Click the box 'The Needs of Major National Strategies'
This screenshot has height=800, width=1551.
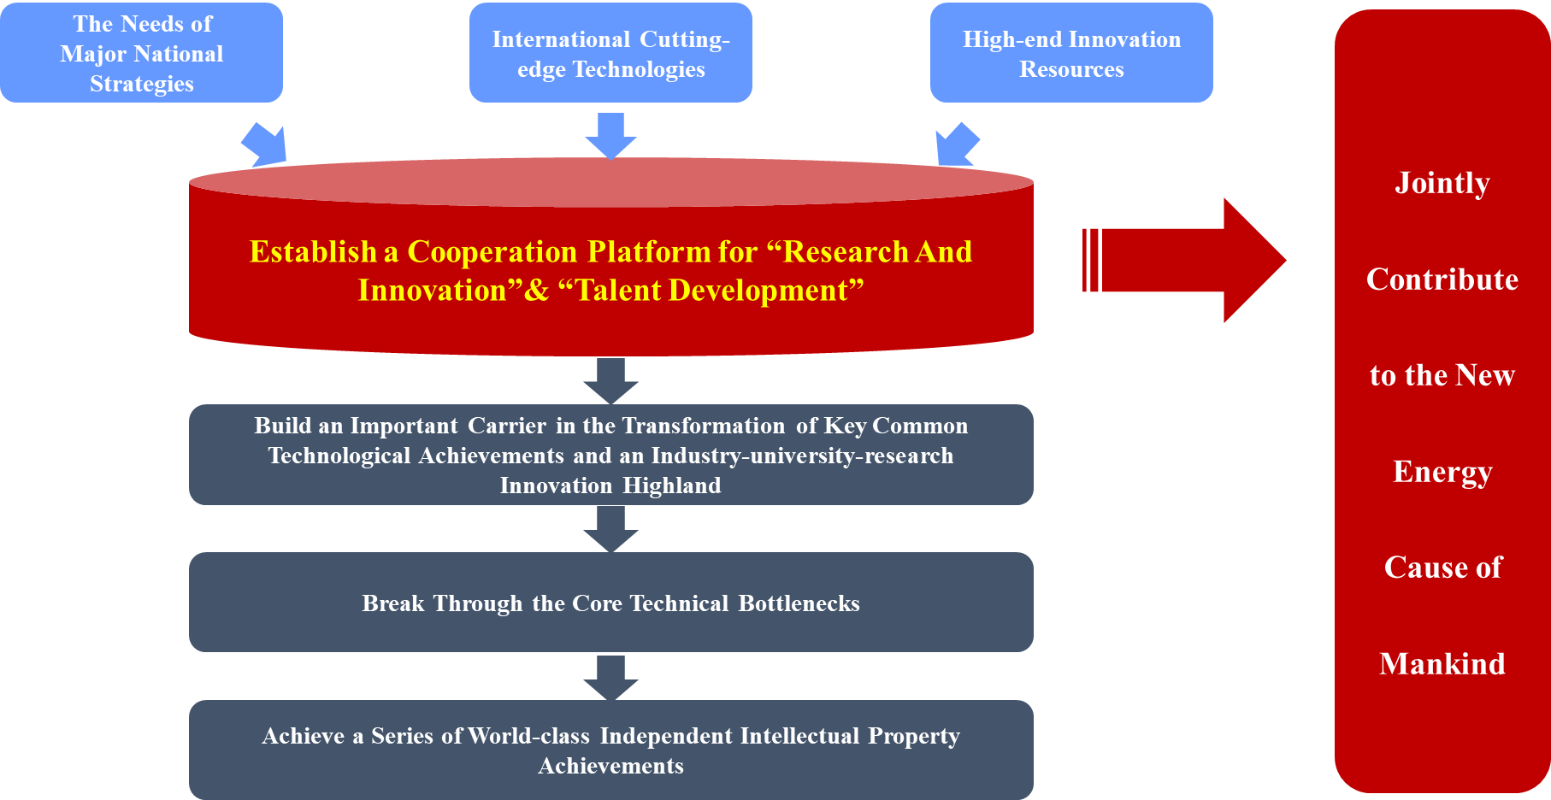click(x=141, y=53)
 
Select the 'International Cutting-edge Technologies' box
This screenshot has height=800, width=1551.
click(x=610, y=53)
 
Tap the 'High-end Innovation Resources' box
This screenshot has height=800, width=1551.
click(x=1071, y=53)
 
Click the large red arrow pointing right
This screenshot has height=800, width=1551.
click(x=1184, y=261)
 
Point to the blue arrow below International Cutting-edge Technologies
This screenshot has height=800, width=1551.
click(x=610, y=136)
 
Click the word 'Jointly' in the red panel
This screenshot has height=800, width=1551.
click(x=1442, y=184)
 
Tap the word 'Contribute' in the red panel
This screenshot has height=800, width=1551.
click(x=1442, y=279)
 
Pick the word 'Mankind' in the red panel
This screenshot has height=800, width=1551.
click(x=1442, y=664)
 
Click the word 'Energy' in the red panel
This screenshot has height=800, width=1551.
click(x=1442, y=473)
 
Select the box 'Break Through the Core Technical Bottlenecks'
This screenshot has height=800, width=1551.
click(x=610, y=602)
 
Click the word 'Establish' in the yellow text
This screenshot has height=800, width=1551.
click(x=313, y=252)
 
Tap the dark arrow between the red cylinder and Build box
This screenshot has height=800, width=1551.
click(x=610, y=381)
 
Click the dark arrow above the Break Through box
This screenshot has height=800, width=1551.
click(x=610, y=529)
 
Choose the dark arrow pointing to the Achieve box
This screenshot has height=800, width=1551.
click(x=610, y=678)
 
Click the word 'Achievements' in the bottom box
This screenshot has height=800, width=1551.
click(x=610, y=766)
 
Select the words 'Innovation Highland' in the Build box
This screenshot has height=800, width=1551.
click(x=610, y=485)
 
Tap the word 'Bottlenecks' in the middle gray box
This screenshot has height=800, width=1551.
click(x=799, y=603)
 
